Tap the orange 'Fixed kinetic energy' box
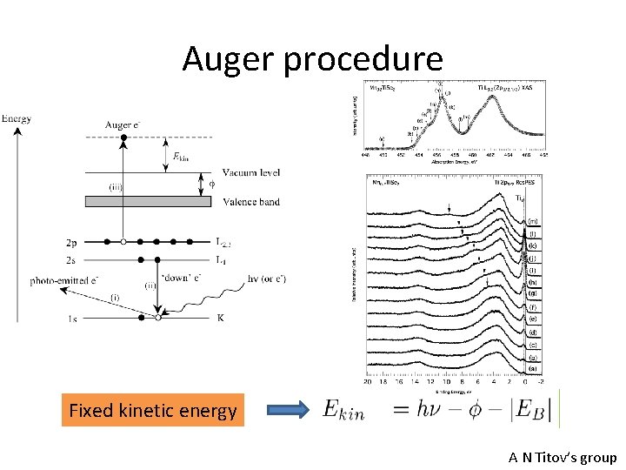[153, 411]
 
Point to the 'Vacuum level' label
[251, 172]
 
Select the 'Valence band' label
[251, 202]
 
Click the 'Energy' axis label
[17, 117]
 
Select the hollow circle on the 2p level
[123, 241]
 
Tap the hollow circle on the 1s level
[157, 318]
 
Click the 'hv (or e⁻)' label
[267, 279]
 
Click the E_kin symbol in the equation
[343, 410]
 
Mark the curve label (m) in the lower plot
[532, 221]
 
